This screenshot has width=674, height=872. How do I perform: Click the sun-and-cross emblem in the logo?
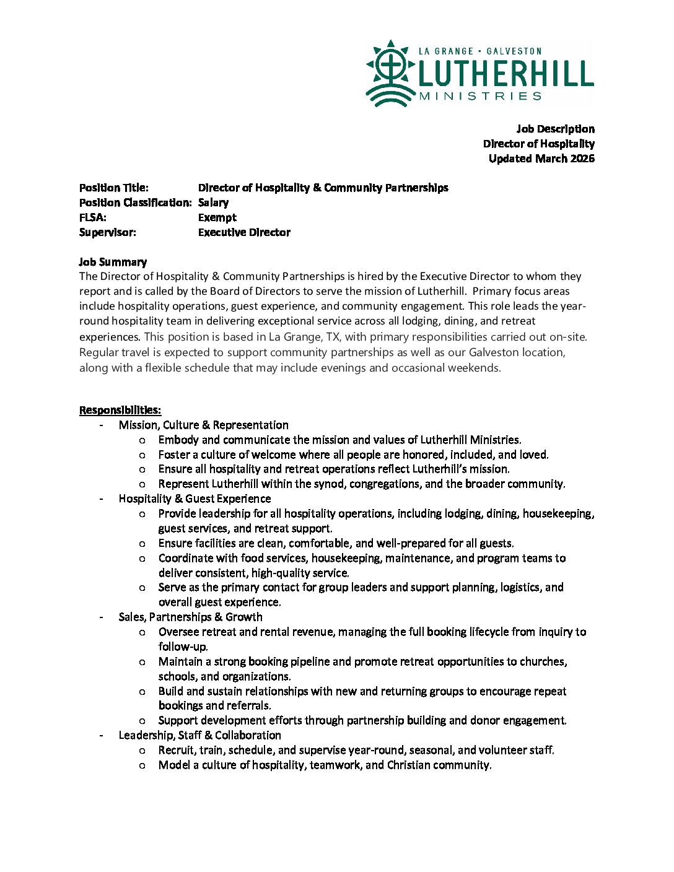[x=390, y=72]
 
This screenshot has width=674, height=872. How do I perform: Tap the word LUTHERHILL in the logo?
[x=505, y=74]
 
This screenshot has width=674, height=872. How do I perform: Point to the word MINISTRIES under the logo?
[x=480, y=96]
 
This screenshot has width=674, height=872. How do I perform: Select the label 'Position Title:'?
[x=114, y=188]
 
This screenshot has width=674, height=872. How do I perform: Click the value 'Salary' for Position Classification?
[x=213, y=203]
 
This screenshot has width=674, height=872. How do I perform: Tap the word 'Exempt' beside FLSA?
[x=217, y=217]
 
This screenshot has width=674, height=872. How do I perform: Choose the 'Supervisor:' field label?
[x=108, y=232]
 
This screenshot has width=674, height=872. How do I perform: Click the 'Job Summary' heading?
[x=113, y=262]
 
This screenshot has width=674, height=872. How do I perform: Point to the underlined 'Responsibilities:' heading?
[x=120, y=410]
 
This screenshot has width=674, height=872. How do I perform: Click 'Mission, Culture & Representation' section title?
[x=203, y=425]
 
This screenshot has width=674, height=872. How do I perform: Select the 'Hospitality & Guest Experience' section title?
[x=195, y=499]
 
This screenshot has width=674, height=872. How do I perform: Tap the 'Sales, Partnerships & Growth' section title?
[x=190, y=617]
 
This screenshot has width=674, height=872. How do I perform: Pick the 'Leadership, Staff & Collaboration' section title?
[x=199, y=735]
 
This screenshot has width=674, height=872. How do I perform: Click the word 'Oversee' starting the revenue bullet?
[x=178, y=632]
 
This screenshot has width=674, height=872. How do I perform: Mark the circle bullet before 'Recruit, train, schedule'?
[x=142, y=751]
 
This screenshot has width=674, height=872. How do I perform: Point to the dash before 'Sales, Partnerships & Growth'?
[x=101, y=617]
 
